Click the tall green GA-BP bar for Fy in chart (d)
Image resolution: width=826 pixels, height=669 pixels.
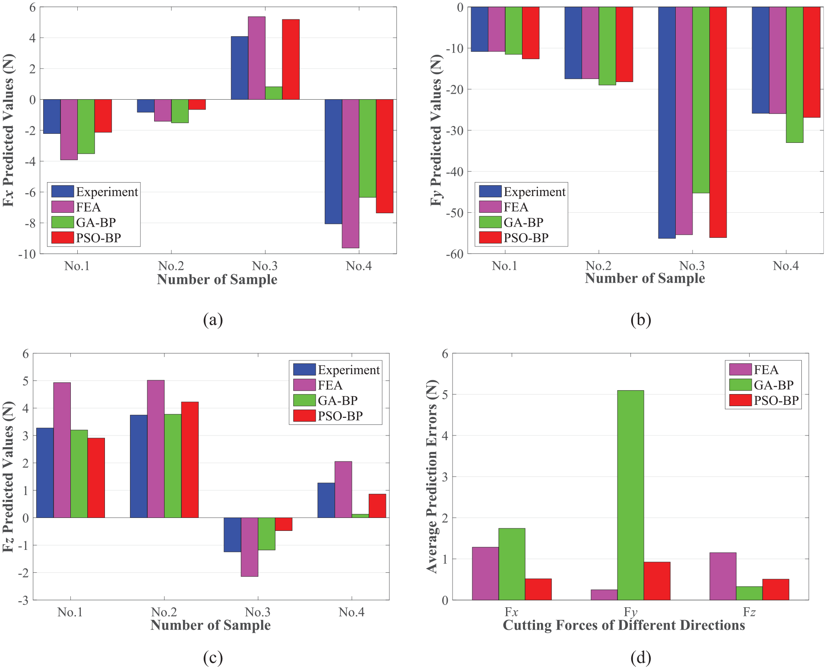pos(630,495)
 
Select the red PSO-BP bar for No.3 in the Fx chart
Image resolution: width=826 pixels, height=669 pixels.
pos(291,60)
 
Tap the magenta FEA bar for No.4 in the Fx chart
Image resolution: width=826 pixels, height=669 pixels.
pos(351,174)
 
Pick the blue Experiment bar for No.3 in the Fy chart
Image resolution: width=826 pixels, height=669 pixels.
pos(667,123)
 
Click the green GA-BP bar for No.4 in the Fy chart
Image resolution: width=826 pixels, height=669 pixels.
pos(794,75)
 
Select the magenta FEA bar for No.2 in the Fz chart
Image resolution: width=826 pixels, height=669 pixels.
pos(156,449)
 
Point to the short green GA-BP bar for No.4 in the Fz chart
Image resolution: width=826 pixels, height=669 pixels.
pos(361,516)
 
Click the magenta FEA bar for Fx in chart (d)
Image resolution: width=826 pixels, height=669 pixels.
pos(485,574)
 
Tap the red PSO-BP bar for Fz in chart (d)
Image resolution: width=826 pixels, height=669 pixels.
pos(775,590)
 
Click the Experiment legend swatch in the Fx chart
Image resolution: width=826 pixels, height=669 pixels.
pos(63,191)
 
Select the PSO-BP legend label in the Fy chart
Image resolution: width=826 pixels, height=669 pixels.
pos(526,238)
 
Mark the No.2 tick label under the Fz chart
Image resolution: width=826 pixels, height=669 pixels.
pos(164,612)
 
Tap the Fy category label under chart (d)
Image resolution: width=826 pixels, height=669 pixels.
pos(630,612)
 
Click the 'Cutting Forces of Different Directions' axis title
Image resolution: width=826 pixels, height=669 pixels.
pos(624,625)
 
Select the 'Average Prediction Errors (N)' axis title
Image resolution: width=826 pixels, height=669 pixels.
pos(432,477)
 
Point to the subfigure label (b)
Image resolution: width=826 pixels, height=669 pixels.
pos(641,320)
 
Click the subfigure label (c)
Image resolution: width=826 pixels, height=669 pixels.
pos(213,658)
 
